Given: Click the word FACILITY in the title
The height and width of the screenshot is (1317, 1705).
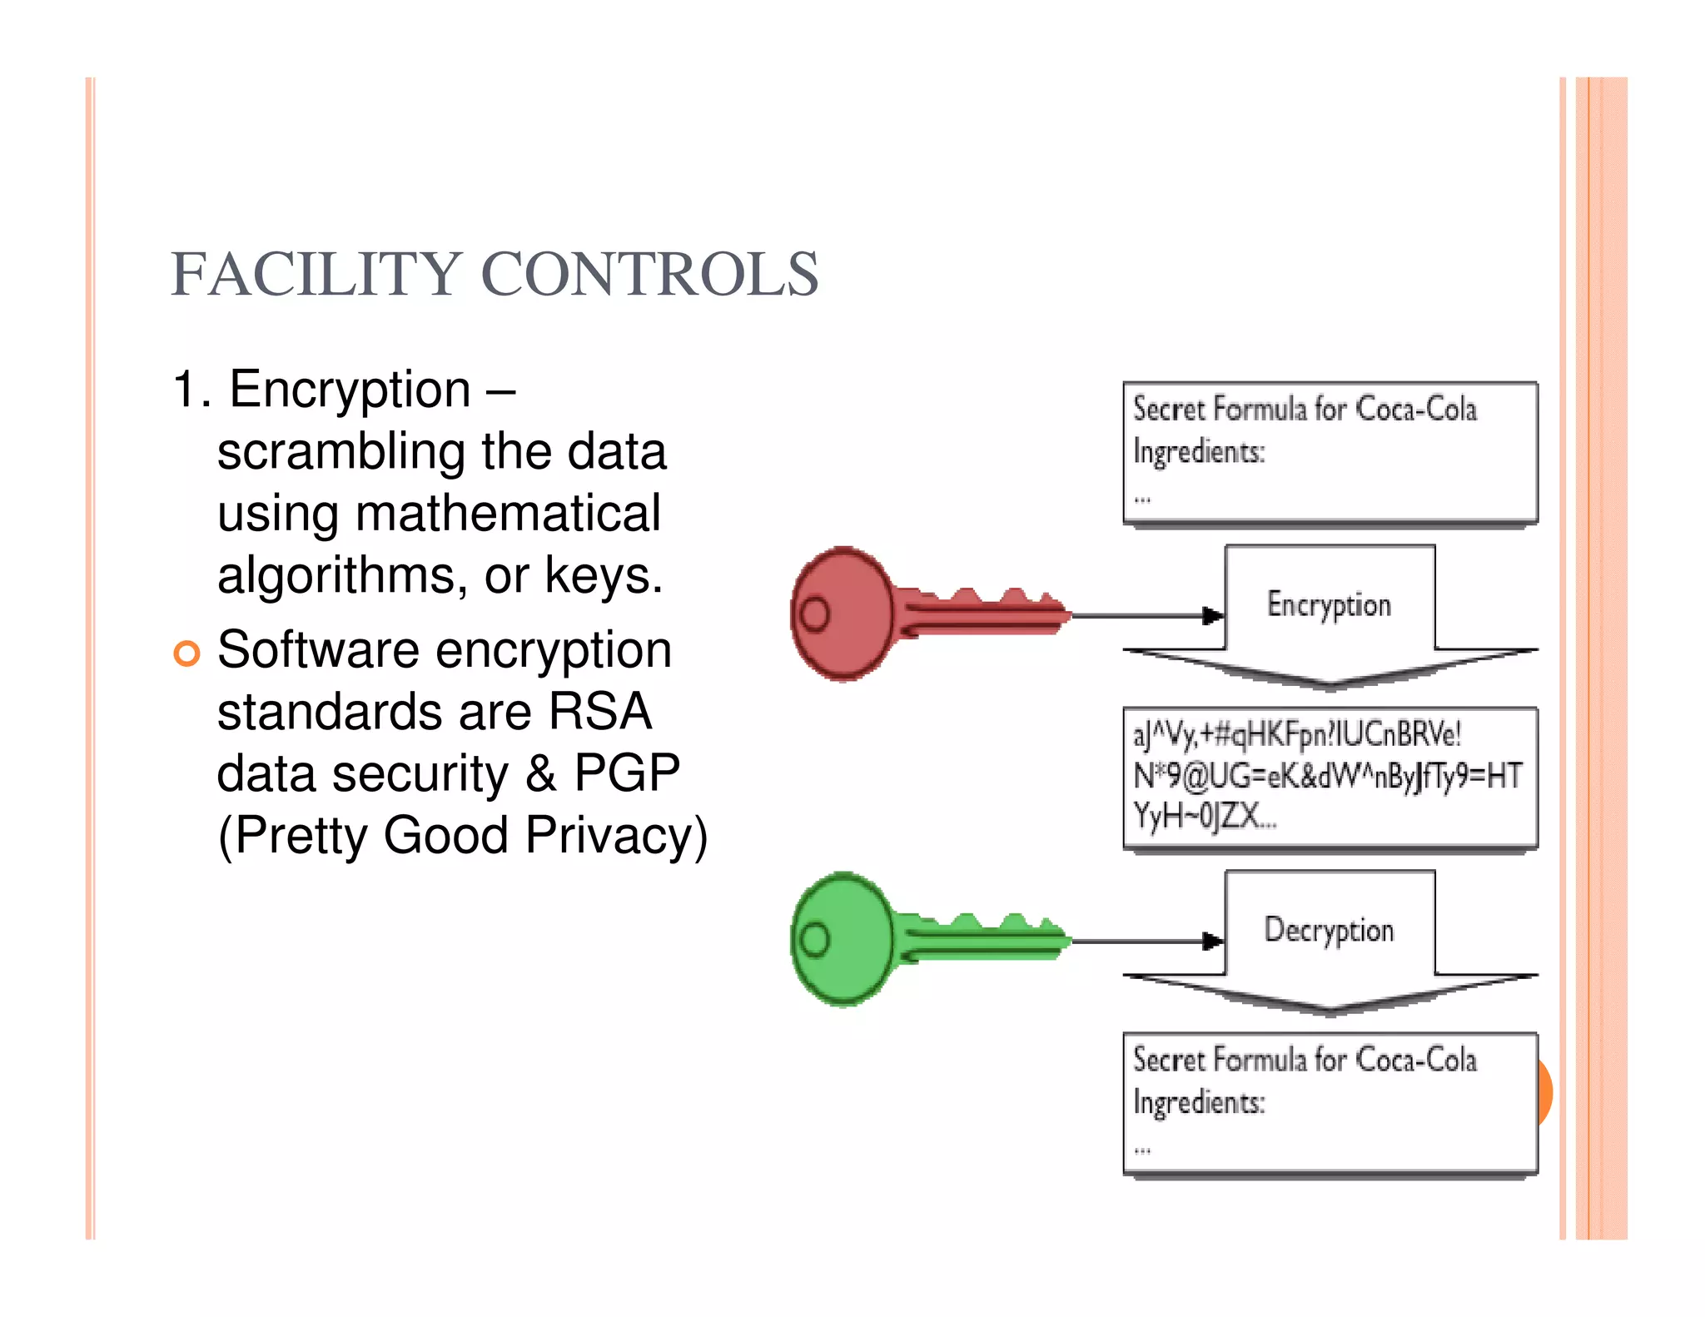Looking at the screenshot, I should pos(316,274).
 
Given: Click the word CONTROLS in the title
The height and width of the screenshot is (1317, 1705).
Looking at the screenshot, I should pos(650,274).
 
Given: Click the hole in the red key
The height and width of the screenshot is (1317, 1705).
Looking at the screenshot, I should pos(814,614).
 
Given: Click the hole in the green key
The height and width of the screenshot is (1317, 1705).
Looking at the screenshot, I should pos(814,940).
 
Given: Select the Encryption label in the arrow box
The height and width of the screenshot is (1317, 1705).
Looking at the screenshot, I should pos(1329,605).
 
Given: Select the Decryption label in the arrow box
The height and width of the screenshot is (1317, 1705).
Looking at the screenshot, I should pos(1329,931).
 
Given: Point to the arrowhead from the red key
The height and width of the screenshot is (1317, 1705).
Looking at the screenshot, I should pos(1213,616).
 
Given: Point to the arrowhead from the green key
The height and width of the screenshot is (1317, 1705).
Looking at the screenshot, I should pos(1213,942).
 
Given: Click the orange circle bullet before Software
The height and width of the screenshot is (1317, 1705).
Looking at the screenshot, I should pos(187,654).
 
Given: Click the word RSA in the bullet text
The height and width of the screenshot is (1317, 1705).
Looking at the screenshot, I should pos(599,713).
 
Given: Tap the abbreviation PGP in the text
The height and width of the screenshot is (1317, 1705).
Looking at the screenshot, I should pos(626,773).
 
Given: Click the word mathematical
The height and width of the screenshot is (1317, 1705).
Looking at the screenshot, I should pos(508,514).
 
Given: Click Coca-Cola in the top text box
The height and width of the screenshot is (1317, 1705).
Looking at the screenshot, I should pos(1416,409).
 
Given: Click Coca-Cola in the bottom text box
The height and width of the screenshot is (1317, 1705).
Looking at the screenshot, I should pos(1416,1060).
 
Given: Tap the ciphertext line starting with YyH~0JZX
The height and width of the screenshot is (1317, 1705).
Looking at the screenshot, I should pos(1204,816).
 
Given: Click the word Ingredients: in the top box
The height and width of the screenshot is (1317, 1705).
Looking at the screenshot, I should pos(1199,452).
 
